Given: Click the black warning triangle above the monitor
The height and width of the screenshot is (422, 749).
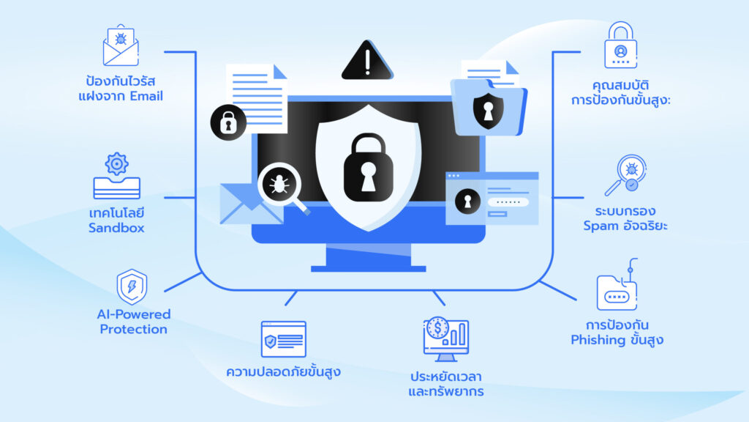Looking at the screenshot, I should click(x=367, y=62).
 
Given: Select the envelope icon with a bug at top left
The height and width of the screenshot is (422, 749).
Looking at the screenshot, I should click(x=120, y=45).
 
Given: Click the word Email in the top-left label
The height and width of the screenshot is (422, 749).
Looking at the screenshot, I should click(x=146, y=96).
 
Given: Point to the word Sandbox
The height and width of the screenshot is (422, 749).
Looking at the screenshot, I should click(x=117, y=228).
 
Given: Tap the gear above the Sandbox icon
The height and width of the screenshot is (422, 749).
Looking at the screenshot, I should click(x=117, y=163).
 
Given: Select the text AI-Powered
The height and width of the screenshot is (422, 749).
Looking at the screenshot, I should click(x=134, y=314).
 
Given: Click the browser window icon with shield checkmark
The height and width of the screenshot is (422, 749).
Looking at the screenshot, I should click(x=283, y=339).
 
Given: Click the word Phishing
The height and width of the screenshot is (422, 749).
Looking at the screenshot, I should click(x=598, y=340).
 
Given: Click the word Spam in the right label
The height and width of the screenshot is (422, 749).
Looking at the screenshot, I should click(x=601, y=226).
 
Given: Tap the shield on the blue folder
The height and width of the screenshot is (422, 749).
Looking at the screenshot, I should click(x=487, y=109).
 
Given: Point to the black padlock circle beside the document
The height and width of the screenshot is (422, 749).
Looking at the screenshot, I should click(x=227, y=122).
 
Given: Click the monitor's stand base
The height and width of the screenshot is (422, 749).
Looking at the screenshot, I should click(x=368, y=268).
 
